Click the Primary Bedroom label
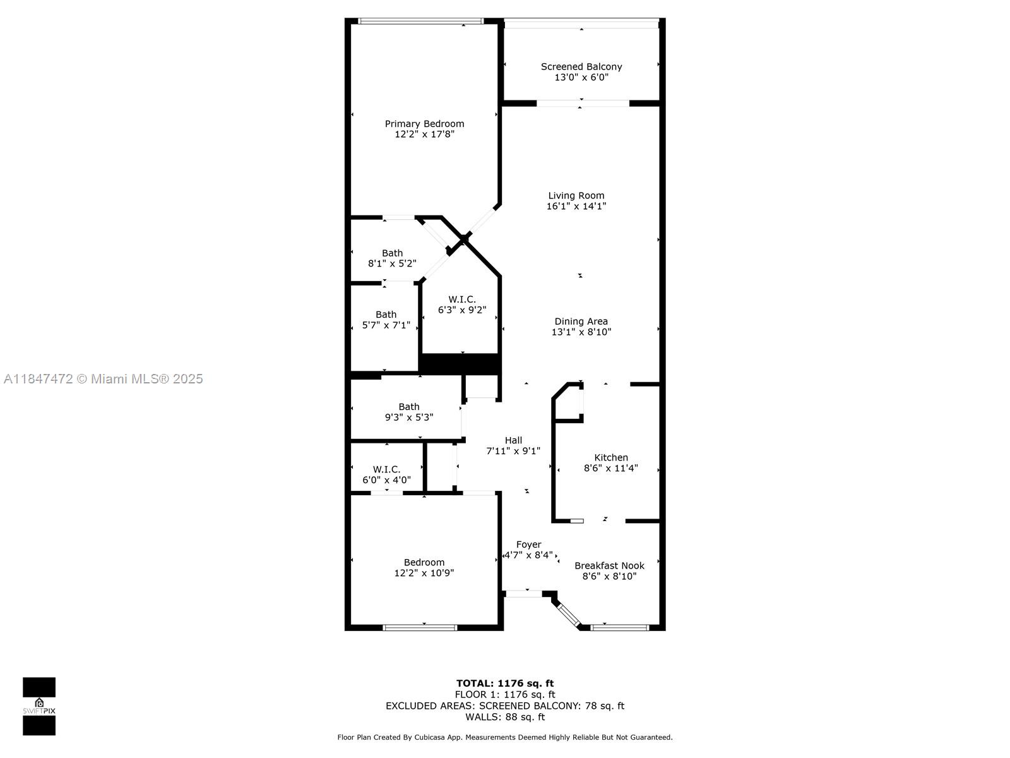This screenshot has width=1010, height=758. coord(424,124)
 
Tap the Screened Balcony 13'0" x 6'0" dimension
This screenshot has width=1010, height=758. coord(581,77)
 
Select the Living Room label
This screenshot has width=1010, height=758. coord(576,196)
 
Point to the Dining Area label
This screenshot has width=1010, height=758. coord(581,322)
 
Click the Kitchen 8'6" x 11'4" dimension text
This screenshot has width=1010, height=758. coord(610,468)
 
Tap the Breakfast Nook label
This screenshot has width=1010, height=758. coord(609,566)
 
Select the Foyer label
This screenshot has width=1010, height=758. coord(528,544)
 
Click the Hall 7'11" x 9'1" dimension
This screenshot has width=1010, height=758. coord(513,451)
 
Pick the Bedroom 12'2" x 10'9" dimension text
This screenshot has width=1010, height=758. coord(424,573)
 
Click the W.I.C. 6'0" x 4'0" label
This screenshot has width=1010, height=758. coord(386,474)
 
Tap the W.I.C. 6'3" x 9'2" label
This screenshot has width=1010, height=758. coord(462,304)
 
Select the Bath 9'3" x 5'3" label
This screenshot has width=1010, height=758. coord(409,412)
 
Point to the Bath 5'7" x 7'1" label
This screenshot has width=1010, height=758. coord(386,320)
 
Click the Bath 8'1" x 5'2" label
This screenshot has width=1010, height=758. coord(392,258)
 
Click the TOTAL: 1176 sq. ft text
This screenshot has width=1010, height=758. coord(505,683)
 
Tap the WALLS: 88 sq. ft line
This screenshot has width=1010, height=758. coord(505,717)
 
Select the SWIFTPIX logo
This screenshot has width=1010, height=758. coord(39,706)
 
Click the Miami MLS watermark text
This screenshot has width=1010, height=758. coord(104,379)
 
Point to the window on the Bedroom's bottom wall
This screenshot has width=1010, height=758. coord(420,627)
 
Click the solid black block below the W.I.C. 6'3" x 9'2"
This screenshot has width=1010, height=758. coord(460,364)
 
